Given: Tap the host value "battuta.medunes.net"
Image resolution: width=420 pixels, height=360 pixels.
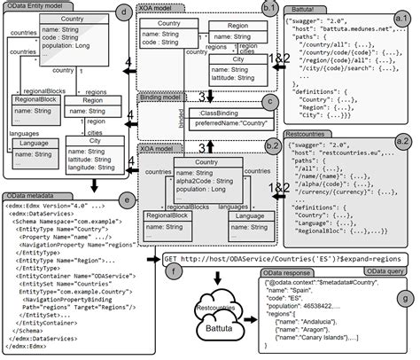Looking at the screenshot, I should click(x=361, y=28).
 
